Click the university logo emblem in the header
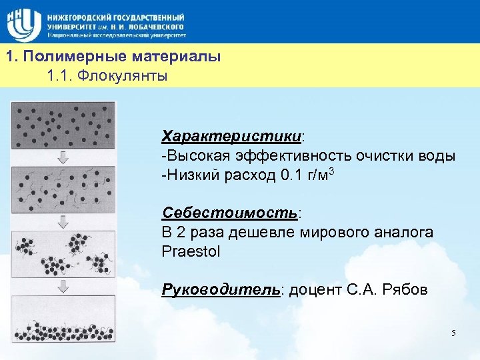[23, 21]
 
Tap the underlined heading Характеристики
[231, 137]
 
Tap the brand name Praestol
[190, 252]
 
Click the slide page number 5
[453, 333]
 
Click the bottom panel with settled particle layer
[64, 320]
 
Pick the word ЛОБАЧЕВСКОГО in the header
[155, 25]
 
